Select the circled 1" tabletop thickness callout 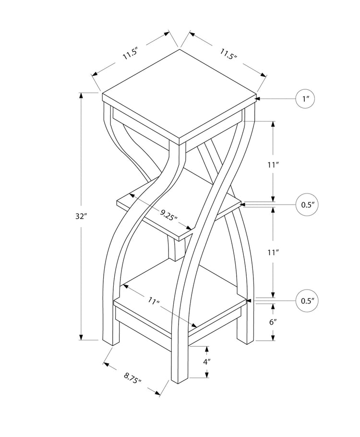click(305, 99)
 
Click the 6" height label click(273, 322)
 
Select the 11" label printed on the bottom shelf click(153, 302)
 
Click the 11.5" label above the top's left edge click(130, 53)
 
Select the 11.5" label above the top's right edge click(229, 54)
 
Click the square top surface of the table click(180, 96)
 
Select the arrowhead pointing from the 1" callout click(258, 99)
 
